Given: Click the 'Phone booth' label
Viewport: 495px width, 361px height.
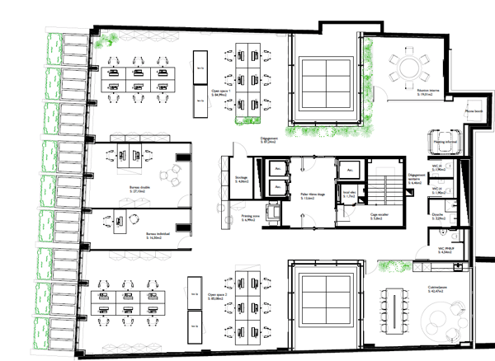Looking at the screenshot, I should point(474,110).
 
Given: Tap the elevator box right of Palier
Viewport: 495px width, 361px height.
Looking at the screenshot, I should point(351,171).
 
